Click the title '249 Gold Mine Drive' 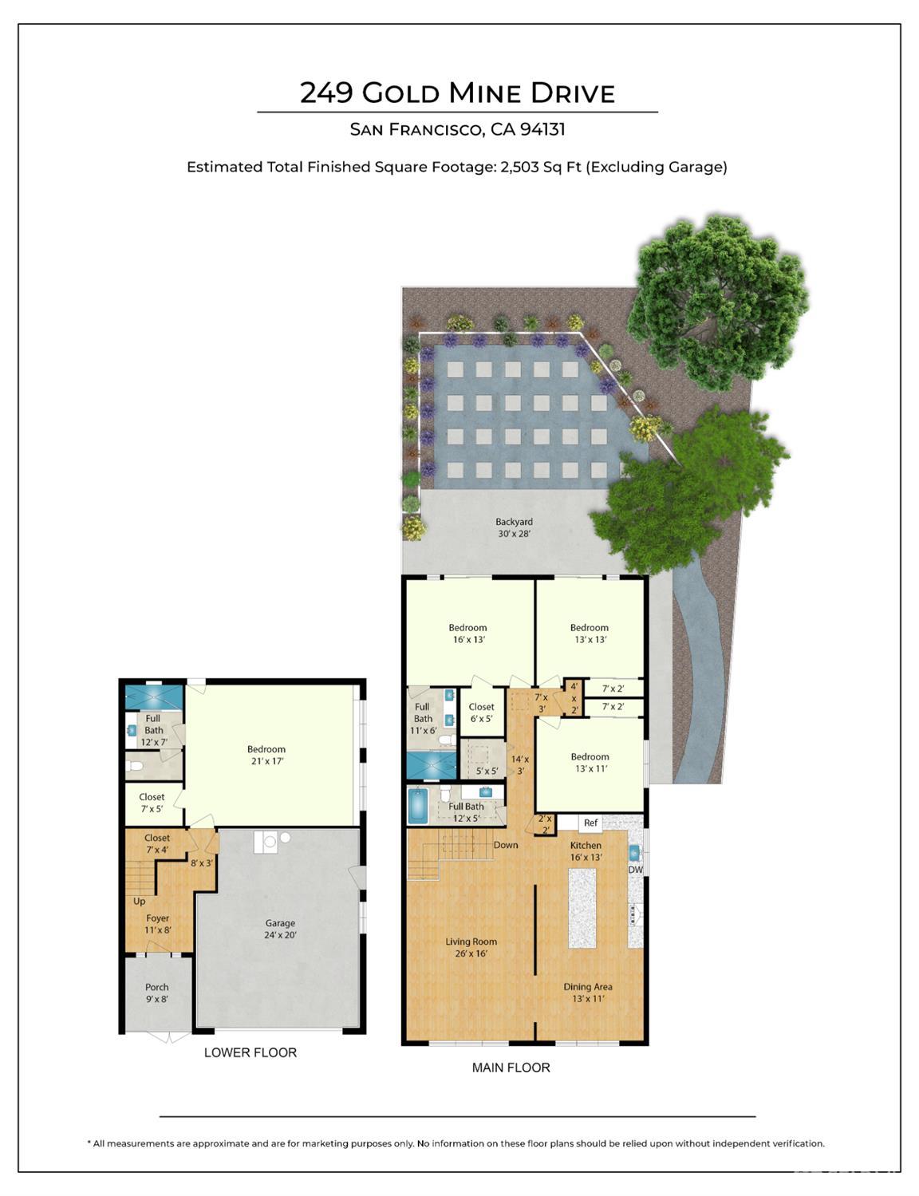pos(457,93)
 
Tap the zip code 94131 pos(542,129)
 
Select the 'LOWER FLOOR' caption pos(250,1052)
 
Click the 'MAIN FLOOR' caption pos(511,1068)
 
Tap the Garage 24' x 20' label pos(280,929)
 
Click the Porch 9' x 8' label pos(156,993)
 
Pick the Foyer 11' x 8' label pos(157,924)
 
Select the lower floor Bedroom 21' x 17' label pos(266,755)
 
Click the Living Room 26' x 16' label pos(471,947)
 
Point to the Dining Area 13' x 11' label pos(588,993)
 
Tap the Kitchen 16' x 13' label pos(586,851)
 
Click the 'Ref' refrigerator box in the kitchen pos(590,823)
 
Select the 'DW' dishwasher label pos(636,870)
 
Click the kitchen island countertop pos(582,907)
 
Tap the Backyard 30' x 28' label pos(514,527)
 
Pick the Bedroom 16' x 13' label pos(467,634)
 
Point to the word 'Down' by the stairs pos(506,845)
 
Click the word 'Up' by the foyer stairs pos(140,902)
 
